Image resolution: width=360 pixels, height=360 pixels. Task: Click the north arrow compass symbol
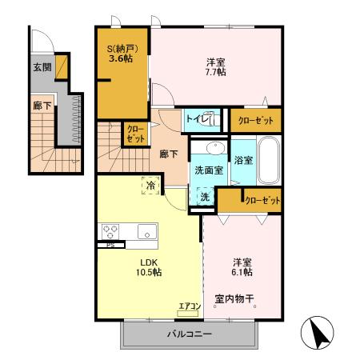(x=317, y=332)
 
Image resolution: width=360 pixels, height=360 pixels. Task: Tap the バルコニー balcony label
(x=190, y=334)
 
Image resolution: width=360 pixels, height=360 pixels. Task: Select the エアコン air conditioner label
(x=190, y=306)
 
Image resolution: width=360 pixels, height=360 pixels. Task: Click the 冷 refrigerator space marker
(x=150, y=185)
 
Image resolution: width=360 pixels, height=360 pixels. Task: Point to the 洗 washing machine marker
(x=206, y=197)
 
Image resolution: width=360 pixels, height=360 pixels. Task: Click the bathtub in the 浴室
(x=270, y=160)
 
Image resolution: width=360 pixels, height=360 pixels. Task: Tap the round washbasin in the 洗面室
(x=216, y=147)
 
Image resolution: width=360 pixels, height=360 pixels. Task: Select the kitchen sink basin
(x=147, y=231)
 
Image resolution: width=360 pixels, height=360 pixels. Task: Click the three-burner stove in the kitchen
(x=110, y=231)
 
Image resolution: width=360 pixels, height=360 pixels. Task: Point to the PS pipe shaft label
(x=110, y=245)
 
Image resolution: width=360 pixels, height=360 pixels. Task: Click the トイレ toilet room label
(x=197, y=118)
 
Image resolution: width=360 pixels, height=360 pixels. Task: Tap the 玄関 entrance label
(x=42, y=67)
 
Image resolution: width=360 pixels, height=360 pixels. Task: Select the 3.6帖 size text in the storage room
(x=121, y=58)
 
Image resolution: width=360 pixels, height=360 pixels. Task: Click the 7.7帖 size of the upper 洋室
(x=215, y=72)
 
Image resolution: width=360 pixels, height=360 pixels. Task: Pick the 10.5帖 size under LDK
(x=149, y=272)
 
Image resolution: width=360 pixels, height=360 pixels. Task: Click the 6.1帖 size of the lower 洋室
(x=242, y=272)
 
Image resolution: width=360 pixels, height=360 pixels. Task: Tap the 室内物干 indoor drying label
(x=234, y=299)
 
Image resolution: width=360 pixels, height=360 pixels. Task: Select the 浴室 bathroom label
(x=243, y=160)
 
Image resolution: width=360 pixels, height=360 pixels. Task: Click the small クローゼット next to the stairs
(x=136, y=134)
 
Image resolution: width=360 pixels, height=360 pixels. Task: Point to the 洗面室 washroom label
(x=209, y=170)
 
